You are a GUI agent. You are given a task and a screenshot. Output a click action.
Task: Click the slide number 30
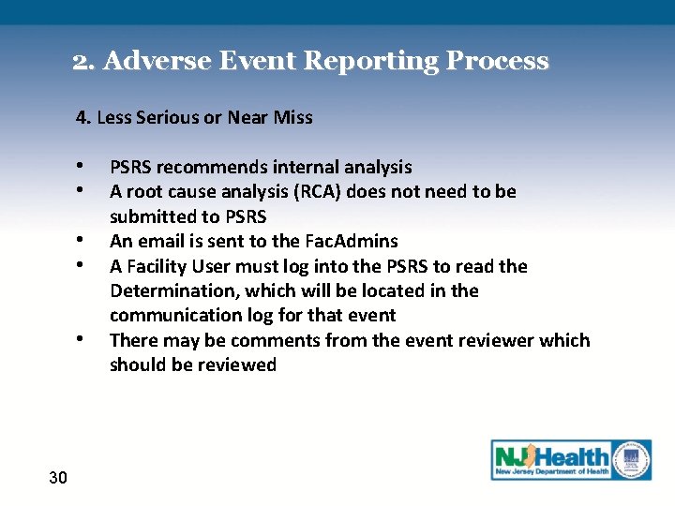[x=57, y=478]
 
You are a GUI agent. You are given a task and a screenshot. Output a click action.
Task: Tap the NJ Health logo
[x=571, y=460]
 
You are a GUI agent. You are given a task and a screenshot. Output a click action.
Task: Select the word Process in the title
[x=497, y=62]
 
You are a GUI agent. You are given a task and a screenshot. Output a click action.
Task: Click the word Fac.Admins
[x=351, y=241]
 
